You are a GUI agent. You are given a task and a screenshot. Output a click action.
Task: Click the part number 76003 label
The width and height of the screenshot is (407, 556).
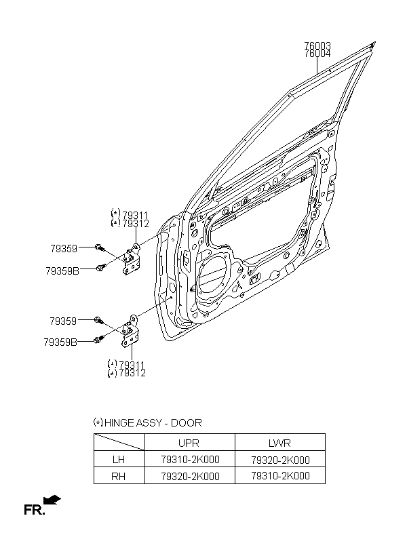[x=317, y=45]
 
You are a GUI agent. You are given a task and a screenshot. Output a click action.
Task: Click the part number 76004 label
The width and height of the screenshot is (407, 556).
[x=317, y=54]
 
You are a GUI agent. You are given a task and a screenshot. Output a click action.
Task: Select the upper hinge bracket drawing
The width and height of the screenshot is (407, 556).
[x=131, y=259]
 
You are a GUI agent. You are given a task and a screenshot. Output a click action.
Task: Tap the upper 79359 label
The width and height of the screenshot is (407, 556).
[x=64, y=249]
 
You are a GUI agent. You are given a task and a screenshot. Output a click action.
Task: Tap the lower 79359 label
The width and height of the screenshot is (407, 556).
[x=63, y=321]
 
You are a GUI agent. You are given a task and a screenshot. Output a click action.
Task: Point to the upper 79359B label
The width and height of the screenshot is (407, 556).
[x=62, y=271]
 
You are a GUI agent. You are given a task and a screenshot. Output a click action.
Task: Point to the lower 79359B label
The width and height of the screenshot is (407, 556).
[x=60, y=342]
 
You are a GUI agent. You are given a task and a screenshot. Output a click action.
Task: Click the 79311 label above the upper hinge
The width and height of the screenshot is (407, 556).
[x=135, y=215]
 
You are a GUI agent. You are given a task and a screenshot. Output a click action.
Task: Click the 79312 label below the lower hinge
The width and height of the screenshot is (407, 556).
[x=132, y=373]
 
